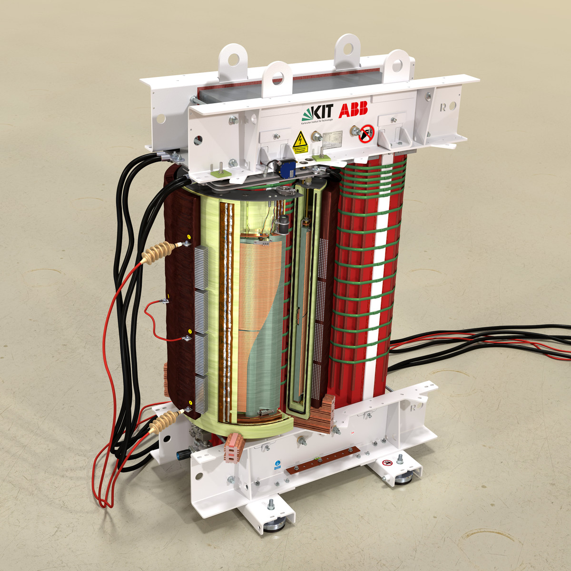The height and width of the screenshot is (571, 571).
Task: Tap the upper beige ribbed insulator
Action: [x=160, y=251]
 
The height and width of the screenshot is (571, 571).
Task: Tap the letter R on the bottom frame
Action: [x=413, y=407]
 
